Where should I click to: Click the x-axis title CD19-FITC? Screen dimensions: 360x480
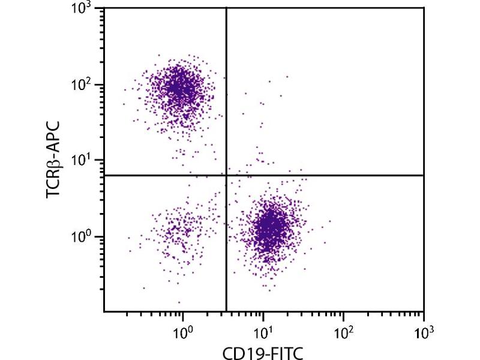click(x=265, y=351)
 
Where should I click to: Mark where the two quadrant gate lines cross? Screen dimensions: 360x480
click(x=226, y=175)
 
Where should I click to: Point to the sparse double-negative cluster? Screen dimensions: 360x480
click(x=177, y=231)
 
